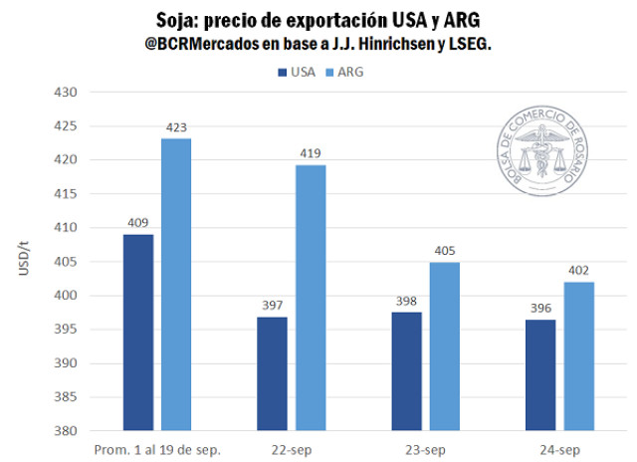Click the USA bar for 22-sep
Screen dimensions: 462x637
click(x=272, y=373)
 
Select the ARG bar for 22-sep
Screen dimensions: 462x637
click(x=310, y=298)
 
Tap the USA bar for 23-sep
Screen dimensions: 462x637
click(x=406, y=371)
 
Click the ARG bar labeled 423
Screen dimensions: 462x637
click(x=176, y=284)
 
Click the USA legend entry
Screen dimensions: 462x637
click(x=295, y=71)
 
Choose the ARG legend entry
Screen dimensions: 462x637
click(x=345, y=71)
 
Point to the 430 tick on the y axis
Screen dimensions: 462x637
click(x=65, y=93)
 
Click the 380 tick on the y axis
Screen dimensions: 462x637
click(x=65, y=431)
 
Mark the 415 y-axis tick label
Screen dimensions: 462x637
click(x=65, y=194)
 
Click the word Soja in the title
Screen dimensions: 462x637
click(x=182, y=21)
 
